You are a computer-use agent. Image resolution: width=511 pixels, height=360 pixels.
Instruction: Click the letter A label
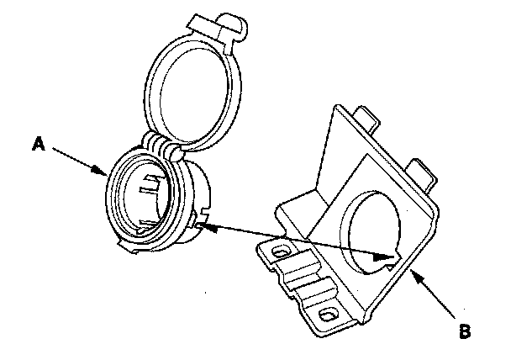[38, 144]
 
